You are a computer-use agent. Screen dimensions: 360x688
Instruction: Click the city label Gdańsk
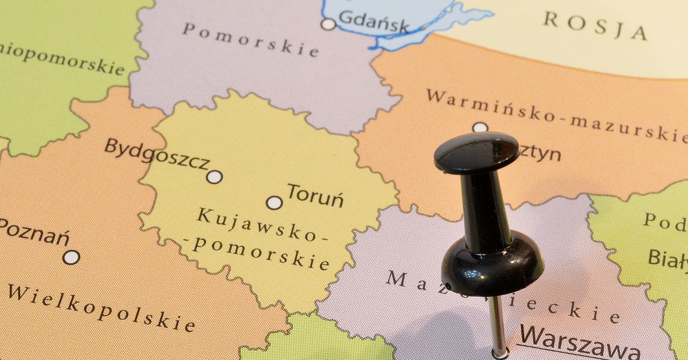[374, 22]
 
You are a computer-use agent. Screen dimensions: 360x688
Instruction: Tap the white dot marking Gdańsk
[328, 24]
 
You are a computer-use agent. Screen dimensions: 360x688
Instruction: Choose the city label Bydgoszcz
[157, 154]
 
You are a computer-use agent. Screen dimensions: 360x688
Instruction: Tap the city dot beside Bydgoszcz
[214, 177]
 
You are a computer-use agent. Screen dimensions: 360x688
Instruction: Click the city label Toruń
[315, 195]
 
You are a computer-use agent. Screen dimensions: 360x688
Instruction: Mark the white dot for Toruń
[275, 202]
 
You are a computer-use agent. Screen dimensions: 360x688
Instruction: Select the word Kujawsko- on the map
[256, 225]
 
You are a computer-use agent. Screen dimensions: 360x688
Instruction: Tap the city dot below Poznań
[71, 257]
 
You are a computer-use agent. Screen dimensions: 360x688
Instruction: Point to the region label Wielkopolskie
[100, 307]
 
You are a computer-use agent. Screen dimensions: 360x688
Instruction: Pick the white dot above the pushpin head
[480, 127]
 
